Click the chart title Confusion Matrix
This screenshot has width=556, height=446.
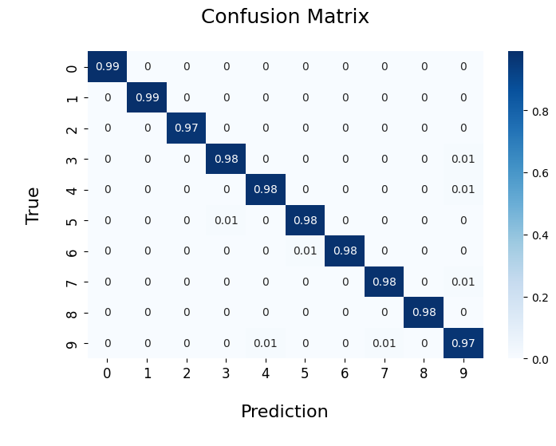pos(285,17)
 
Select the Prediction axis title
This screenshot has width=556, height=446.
pos(285,411)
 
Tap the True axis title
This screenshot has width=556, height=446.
pos(32,206)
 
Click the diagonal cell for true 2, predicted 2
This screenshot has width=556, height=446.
pos(187,128)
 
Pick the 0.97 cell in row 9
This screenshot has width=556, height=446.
pos(463,343)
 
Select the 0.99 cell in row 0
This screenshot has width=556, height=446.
pos(108,66)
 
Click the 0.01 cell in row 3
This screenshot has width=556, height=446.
pos(463,159)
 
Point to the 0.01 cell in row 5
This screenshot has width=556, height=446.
pos(226,220)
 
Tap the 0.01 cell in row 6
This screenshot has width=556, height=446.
pos(305,251)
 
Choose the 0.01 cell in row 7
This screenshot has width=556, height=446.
pos(463,282)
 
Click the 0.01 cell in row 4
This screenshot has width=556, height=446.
pos(463,189)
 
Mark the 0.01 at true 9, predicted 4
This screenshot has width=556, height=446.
pos(266,343)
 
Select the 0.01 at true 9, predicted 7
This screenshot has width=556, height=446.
pos(384,343)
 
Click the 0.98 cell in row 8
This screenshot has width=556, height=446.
pos(424,312)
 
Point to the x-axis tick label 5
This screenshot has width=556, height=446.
pos(305,373)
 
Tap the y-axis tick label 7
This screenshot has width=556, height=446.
pos(72,283)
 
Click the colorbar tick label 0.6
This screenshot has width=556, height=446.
pos(540,173)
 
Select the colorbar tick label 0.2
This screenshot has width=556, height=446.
pos(540,298)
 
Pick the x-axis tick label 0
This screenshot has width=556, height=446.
pos(107,373)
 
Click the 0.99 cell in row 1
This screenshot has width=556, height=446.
pos(147,97)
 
